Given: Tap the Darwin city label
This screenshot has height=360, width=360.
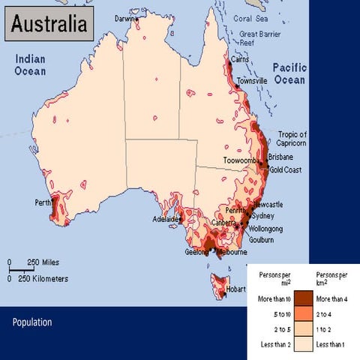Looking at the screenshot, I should click(x=127, y=18).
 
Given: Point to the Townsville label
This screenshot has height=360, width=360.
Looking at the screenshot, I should click(x=252, y=81).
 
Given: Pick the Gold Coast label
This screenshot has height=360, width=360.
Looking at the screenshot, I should click(x=285, y=170).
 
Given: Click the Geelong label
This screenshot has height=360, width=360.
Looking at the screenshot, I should click(x=197, y=253).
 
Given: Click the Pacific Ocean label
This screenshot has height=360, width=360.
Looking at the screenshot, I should click(x=289, y=73).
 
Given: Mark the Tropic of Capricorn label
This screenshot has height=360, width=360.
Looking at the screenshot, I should click(x=292, y=139).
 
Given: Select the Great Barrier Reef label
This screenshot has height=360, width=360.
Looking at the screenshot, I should click(x=259, y=38).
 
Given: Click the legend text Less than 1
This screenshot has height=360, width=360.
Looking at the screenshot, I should click(x=330, y=343).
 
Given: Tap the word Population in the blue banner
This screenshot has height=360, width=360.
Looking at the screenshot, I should click(x=32, y=322).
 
